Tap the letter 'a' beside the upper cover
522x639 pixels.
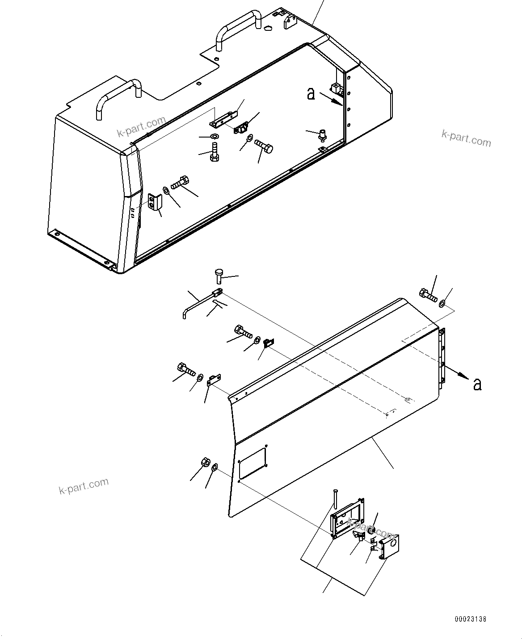[x=311, y=93]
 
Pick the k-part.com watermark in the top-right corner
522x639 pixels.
[x=466, y=138]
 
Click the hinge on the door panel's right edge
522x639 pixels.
[x=442, y=357]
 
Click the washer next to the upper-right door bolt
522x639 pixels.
[x=442, y=304]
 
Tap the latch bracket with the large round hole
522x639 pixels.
[x=391, y=546]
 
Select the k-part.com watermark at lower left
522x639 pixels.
[x=84, y=486]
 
